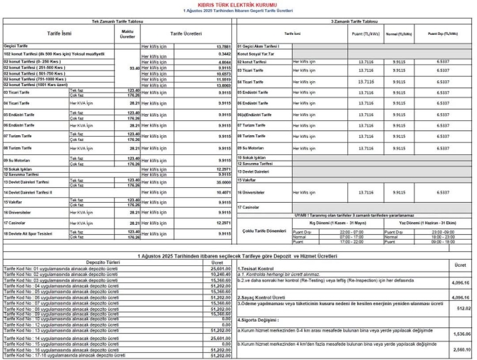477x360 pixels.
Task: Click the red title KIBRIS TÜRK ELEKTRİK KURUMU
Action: tap(238, 5)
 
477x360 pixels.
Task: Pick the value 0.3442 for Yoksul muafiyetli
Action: tap(225, 53)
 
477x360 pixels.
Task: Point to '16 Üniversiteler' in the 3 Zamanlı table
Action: tap(253, 192)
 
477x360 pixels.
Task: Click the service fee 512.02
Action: tap(464, 308)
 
